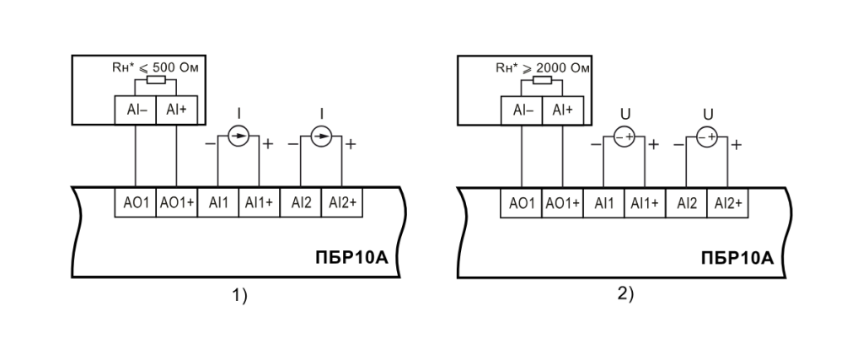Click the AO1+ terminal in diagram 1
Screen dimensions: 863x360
(177, 202)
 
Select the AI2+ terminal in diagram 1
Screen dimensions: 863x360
(342, 202)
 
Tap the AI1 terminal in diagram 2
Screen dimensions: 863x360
(603, 202)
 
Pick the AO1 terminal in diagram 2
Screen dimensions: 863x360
(521, 202)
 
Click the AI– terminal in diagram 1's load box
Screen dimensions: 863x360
(136, 110)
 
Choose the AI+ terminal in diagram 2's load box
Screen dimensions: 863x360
(562, 110)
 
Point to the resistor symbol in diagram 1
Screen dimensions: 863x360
(156, 80)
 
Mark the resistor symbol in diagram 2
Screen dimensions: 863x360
(542, 80)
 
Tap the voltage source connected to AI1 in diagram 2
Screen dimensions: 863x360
(624, 137)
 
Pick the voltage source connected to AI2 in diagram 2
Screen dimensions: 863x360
(707, 137)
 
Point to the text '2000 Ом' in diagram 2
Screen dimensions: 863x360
(562, 67)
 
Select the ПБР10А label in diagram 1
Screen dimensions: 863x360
(351, 257)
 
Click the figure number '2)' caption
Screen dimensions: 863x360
(625, 294)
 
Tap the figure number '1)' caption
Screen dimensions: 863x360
(239, 296)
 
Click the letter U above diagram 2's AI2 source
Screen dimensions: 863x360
(708, 114)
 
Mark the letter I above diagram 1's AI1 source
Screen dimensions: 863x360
(239, 113)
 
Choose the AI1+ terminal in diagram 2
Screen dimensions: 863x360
(645, 202)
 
